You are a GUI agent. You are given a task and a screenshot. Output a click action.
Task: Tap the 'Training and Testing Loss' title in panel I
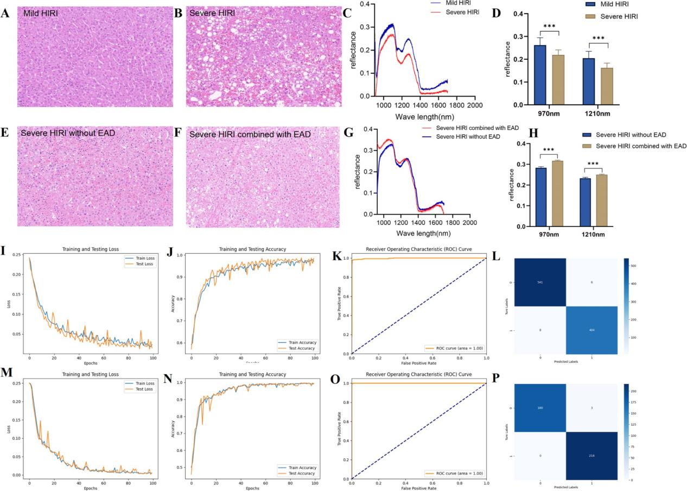(88, 248)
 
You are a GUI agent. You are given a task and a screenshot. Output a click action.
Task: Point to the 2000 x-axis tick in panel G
(469, 222)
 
